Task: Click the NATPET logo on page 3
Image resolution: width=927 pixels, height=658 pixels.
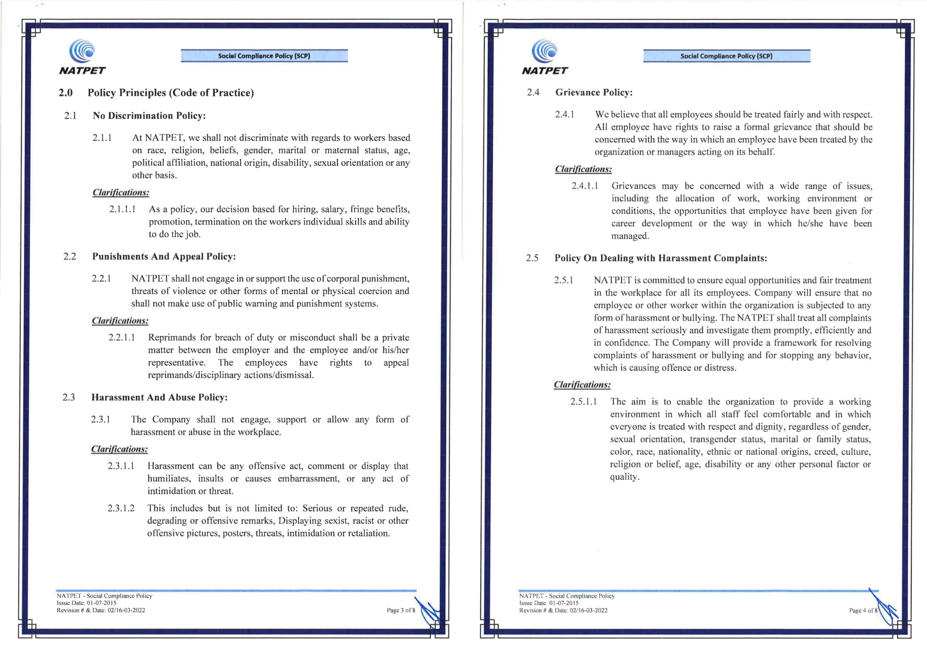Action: [82, 57]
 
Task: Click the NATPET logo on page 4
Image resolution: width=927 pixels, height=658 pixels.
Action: [545, 57]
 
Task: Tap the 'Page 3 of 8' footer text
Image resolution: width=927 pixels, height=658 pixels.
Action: [401, 610]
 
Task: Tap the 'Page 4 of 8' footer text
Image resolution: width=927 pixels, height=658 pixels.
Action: [863, 610]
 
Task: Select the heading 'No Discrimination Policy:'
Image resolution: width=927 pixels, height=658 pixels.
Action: [149, 116]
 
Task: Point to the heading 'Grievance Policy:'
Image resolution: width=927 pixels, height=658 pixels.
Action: [593, 92]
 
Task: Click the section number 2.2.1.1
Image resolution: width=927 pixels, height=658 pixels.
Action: [122, 338]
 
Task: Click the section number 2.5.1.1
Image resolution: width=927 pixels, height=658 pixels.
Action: [583, 402]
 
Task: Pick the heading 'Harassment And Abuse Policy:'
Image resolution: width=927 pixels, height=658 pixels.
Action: [159, 398]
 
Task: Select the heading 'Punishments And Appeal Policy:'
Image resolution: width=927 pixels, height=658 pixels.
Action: [164, 256]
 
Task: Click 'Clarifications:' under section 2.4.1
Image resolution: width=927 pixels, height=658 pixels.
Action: [583, 169]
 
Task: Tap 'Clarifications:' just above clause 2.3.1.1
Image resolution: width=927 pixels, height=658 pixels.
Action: [119, 449]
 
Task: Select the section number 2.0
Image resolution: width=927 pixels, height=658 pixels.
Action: [66, 93]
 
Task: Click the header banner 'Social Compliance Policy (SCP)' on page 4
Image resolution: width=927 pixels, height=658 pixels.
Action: [726, 56]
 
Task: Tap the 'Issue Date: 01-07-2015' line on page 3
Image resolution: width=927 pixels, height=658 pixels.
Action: [86, 603]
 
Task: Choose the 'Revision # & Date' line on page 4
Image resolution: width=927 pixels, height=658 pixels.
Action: [563, 610]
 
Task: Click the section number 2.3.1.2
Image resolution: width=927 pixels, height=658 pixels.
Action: [121, 508]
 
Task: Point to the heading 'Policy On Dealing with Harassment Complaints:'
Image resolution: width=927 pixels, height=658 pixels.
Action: [660, 258]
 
